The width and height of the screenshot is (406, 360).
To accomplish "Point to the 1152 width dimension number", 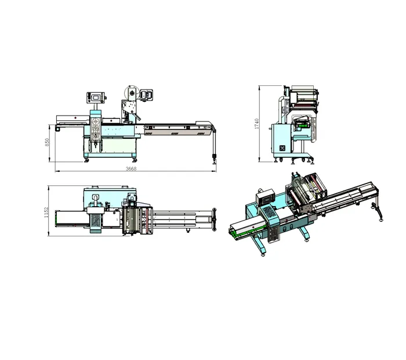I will point(46,213).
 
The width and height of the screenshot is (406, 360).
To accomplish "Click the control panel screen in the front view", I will point(95,97).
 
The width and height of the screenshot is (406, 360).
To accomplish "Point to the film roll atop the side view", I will point(302,93).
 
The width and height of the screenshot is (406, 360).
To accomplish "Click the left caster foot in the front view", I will point(87,160).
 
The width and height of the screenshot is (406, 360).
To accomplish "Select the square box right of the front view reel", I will point(148,94).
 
